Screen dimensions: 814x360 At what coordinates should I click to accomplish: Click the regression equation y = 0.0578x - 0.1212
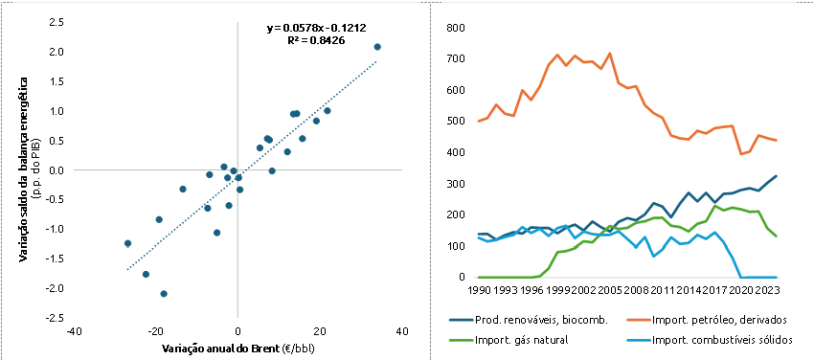click(317, 28)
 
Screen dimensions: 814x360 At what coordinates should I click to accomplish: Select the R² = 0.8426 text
click(317, 39)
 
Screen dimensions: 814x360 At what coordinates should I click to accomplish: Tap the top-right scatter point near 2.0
click(377, 47)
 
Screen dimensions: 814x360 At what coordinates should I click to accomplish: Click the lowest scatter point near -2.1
click(164, 294)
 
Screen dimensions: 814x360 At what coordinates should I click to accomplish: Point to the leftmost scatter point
click(127, 243)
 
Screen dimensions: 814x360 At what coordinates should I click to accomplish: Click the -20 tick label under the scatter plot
click(156, 331)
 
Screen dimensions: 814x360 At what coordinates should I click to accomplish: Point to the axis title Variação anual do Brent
click(218, 347)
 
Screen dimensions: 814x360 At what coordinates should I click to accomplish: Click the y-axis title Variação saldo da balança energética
click(24, 170)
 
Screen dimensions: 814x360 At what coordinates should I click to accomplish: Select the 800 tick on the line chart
click(455, 28)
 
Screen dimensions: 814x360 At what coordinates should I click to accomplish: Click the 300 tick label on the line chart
click(455, 184)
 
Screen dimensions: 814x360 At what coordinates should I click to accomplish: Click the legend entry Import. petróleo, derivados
click(712, 320)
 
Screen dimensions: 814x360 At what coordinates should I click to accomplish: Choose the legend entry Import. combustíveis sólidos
click(723, 340)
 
